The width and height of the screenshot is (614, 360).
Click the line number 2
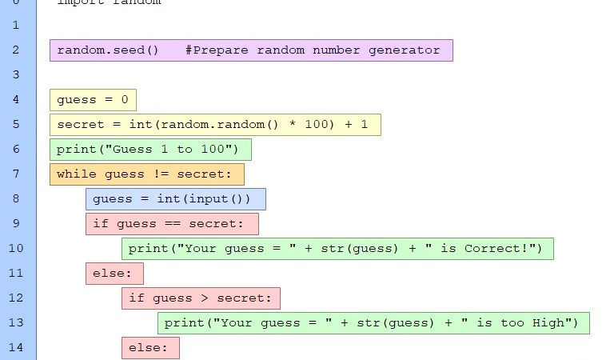coord(15,50)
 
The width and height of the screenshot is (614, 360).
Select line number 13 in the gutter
coord(16,322)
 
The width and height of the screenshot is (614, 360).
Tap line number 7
coord(15,174)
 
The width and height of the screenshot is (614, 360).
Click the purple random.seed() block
coord(107,50)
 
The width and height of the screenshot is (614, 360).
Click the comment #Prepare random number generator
coord(312,50)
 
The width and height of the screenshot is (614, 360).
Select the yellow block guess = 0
coord(93,100)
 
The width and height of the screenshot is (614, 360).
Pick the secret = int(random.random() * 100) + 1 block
coord(214,125)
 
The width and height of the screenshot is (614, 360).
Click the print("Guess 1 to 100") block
coord(150,150)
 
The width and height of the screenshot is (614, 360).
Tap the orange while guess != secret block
coord(146,174)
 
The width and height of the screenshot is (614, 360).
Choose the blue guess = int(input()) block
coord(176,199)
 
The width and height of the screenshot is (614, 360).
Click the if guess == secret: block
coord(172,224)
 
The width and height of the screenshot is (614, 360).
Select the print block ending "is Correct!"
coord(337,249)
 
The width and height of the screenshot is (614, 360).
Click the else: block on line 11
coord(114,274)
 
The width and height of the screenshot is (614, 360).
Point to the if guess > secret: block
coord(201,298)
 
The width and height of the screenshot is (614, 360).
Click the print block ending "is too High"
coord(373,323)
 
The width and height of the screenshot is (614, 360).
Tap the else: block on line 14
coord(150,348)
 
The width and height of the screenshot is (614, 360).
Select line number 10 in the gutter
coord(16,248)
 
